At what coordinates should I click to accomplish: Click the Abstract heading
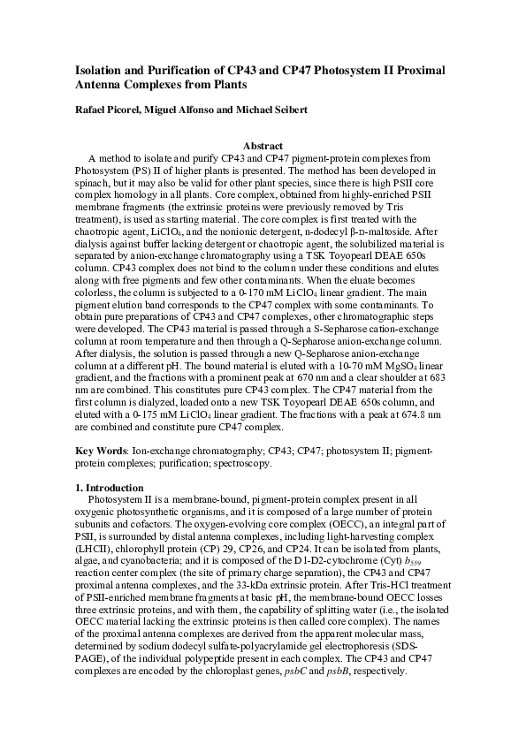click(x=263, y=146)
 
